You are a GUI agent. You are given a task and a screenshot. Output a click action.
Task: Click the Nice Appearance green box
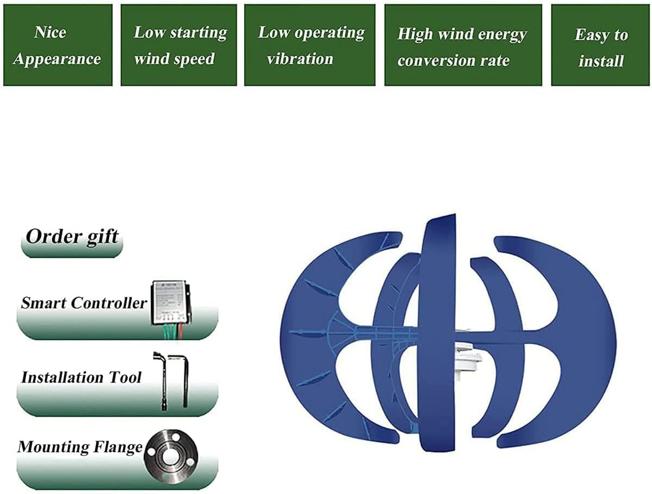click(x=58, y=45)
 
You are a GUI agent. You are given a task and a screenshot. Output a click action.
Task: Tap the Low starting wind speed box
click(x=178, y=45)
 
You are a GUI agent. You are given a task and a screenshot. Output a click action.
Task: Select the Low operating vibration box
click(x=309, y=45)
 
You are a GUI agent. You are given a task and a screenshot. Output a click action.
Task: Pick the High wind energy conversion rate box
click(x=463, y=45)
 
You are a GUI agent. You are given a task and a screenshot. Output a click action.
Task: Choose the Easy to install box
click(x=601, y=45)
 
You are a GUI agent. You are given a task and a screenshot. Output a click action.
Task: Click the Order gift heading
click(x=72, y=237)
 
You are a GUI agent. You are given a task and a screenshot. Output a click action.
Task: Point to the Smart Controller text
click(x=83, y=303)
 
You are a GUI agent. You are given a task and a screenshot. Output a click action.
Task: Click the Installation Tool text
click(x=81, y=377)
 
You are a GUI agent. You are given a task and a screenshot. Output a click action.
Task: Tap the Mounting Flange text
click(x=80, y=447)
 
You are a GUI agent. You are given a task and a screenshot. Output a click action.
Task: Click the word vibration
click(x=300, y=59)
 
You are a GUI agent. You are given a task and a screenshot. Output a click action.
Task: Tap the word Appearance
click(x=57, y=59)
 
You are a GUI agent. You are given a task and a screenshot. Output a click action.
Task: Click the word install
click(x=601, y=61)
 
